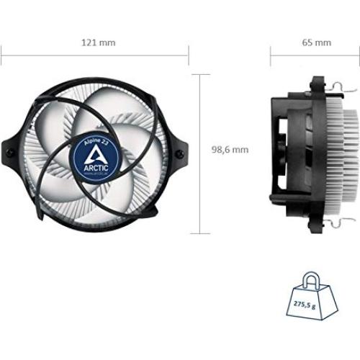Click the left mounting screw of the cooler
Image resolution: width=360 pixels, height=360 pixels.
(x=14, y=153)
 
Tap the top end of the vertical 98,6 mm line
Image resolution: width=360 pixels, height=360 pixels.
(x=201, y=74)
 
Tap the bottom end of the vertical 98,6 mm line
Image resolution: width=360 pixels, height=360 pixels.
(x=201, y=234)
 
